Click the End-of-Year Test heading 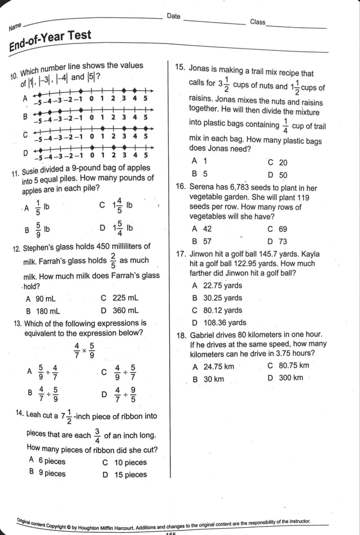tap(50, 41)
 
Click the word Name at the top tap(15, 26)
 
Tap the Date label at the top tap(174, 16)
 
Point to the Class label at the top tap(257, 22)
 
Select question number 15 tap(180, 67)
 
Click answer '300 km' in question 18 tap(291, 378)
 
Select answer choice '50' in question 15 tap(283, 175)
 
